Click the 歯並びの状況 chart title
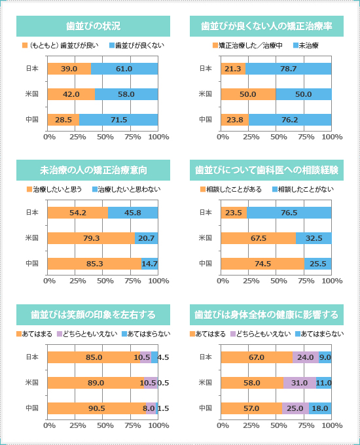(93, 26)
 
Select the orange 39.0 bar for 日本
(69, 69)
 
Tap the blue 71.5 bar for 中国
(118, 120)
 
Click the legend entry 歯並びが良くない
(137, 45)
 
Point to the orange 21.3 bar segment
(233, 69)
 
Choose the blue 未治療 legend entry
(306, 45)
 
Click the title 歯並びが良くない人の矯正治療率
(266, 26)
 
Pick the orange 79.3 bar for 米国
(91, 238)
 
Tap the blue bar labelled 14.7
(150, 264)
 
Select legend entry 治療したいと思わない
(126, 189)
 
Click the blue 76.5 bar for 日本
(289, 213)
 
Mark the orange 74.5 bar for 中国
(262, 264)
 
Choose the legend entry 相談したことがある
(231, 189)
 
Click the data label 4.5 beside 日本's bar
(163, 357)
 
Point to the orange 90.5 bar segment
(97, 408)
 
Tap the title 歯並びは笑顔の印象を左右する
(93, 315)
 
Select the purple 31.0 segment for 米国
(300, 383)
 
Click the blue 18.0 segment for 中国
(320, 408)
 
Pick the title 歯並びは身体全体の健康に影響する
(266, 315)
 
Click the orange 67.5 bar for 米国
(259, 238)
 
